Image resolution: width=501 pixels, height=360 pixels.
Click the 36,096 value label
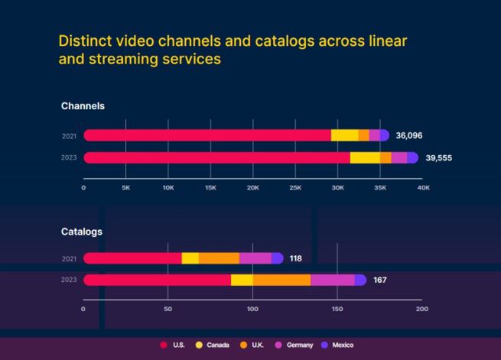pyautogui.click(x=408, y=135)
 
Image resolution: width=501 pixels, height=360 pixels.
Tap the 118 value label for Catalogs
pyautogui.click(x=295, y=258)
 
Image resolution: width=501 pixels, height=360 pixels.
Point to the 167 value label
pyautogui.click(x=379, y=281)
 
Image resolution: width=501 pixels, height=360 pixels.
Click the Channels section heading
pyautogui.click(x=83, y=106)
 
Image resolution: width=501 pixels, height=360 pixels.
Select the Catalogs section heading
pyautogui.click(x=82, y=231)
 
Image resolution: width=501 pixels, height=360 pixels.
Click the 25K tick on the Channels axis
pyautogui.click(x=295, y=187)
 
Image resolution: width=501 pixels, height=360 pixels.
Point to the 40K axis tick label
pyautogui.click(x=422, y=187)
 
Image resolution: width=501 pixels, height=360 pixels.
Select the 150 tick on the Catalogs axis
pyautogui.click(x=337, y=309)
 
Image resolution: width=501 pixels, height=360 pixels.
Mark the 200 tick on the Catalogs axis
pyautogui.click(x=421, y=309)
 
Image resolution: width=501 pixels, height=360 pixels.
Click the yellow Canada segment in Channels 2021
pyautogui.click(x=344, y=135)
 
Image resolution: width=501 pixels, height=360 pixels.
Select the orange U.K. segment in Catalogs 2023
pyautogui.click(x=281, y=281)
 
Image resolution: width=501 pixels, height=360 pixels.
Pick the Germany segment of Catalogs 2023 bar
pyautogui.click(x=332, y=281)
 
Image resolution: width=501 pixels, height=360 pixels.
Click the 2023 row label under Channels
pyautogui.click(x=69, y=158)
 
